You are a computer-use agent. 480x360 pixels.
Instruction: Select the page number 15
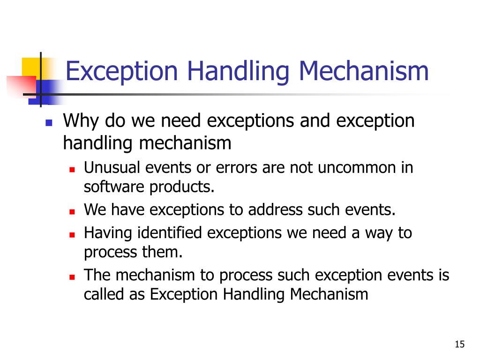click(459, 345)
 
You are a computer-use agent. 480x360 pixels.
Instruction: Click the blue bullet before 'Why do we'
click(48, 123)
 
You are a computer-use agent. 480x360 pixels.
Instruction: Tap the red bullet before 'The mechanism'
click(72, 277)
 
